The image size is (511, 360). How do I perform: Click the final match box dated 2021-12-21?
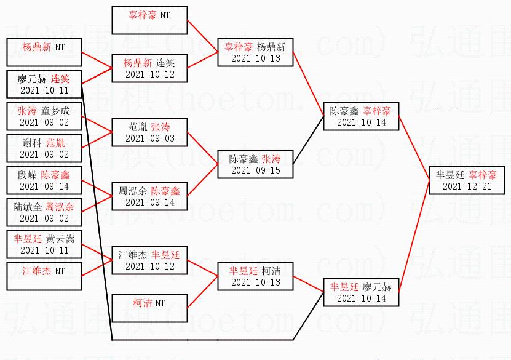tap(467, 180)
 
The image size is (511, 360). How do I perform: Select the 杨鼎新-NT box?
tap(44, 52)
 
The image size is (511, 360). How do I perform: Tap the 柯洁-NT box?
tap(149, 308)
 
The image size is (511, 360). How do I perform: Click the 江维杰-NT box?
tap(44, 276)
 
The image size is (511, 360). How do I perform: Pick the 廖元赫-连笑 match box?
tap(44, 84)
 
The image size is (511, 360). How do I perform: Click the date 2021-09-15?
tap(256, 170)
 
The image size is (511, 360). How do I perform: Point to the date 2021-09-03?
tap(150, 138)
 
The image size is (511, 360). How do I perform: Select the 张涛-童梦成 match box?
tap(44, 116)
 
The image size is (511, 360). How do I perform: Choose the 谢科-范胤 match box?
tap(44, 148)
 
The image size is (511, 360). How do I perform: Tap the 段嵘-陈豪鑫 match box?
tap(44, 180)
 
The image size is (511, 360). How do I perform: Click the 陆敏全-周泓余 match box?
tap(44, 212)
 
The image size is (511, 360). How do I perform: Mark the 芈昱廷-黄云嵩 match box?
tap(44, 244)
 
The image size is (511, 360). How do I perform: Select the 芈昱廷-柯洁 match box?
tap(255, 276)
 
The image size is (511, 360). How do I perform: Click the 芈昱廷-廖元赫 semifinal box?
tap(361, 292)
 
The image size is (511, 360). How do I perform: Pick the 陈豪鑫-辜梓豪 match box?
tap(361, 116)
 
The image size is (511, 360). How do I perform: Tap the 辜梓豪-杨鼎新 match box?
tap(255, 52)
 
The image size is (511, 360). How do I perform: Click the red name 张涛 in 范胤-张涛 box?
tap(160, 127)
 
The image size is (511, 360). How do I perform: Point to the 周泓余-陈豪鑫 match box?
tap(149, 196)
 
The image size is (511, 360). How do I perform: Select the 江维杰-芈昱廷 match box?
tap(149, 260)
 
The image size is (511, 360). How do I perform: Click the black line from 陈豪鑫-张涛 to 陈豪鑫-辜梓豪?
tap(308, 140)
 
